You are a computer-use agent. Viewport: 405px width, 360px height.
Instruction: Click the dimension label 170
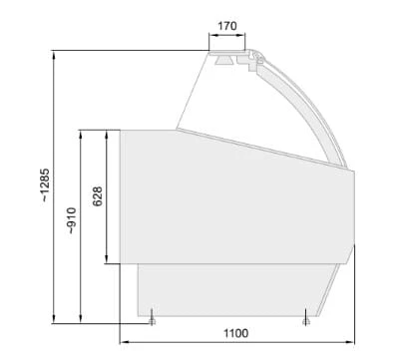tap(227, 26)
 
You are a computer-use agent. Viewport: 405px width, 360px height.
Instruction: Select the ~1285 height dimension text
tap(45, 185)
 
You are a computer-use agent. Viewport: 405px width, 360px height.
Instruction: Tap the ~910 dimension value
tap(72, 220)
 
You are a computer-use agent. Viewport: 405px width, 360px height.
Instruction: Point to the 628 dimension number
tap(97, 196)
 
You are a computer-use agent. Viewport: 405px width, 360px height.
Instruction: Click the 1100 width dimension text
tap(235, 333)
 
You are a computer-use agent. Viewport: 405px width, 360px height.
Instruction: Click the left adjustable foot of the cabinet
tap(152, 318)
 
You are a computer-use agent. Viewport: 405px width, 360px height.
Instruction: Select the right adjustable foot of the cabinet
tap(306, 317)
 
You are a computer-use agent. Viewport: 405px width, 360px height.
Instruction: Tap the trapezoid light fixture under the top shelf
tap(223, 60)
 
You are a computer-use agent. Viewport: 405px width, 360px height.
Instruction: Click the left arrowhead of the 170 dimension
tap(212, 34)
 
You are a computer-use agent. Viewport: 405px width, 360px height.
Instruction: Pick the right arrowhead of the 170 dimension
tap(241, 34)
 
